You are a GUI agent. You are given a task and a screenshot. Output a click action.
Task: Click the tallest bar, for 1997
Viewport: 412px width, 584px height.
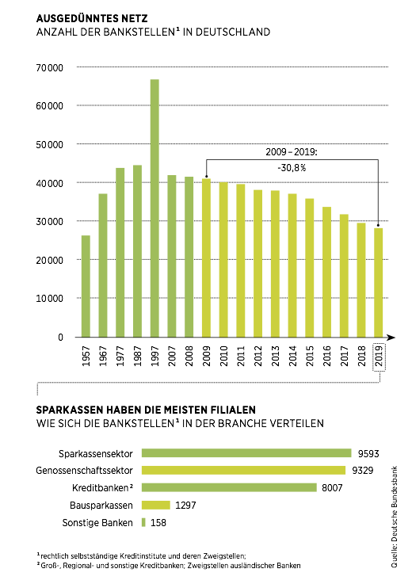pyautogui.click(x=154, y=208)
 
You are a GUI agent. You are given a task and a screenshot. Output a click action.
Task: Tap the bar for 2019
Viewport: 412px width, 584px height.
pyautogui.click(x=378, y=282)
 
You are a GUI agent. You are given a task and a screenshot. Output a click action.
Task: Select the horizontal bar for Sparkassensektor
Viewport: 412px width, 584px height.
pyautogui.click(x=246, y=453)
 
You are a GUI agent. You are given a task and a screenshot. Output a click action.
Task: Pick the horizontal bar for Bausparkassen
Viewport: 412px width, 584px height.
pyautogui.click(x=156, y=505)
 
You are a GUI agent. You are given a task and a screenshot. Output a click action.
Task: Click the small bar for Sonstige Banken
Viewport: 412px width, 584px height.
pyautogui.click(x=143, y=522)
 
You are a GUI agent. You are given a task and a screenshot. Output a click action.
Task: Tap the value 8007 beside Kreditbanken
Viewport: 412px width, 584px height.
pyautogui.click(x=331, y=488)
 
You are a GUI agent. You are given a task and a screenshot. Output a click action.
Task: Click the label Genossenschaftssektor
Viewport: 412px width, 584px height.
pyautogui.click(x=88, y=471)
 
